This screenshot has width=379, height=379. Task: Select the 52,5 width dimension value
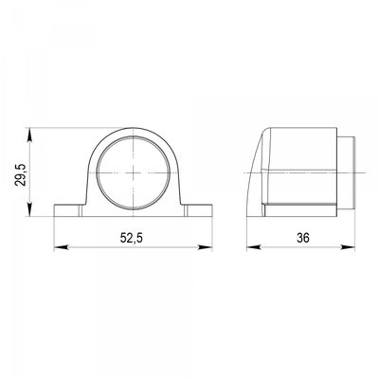coord(132,238)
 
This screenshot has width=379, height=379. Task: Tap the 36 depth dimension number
coord(303,238)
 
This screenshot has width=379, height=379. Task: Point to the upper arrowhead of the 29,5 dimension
coord(29,135)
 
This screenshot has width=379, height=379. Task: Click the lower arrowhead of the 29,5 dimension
coord(29,209)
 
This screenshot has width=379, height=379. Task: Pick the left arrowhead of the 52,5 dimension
coord(61,247)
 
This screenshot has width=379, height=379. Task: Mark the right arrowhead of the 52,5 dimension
coord(205,247)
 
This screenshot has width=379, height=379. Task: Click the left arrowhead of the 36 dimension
coord(254,247)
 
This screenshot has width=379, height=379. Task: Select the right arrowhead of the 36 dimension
coord(348,247)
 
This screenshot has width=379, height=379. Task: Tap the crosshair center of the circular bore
coord(134,173)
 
